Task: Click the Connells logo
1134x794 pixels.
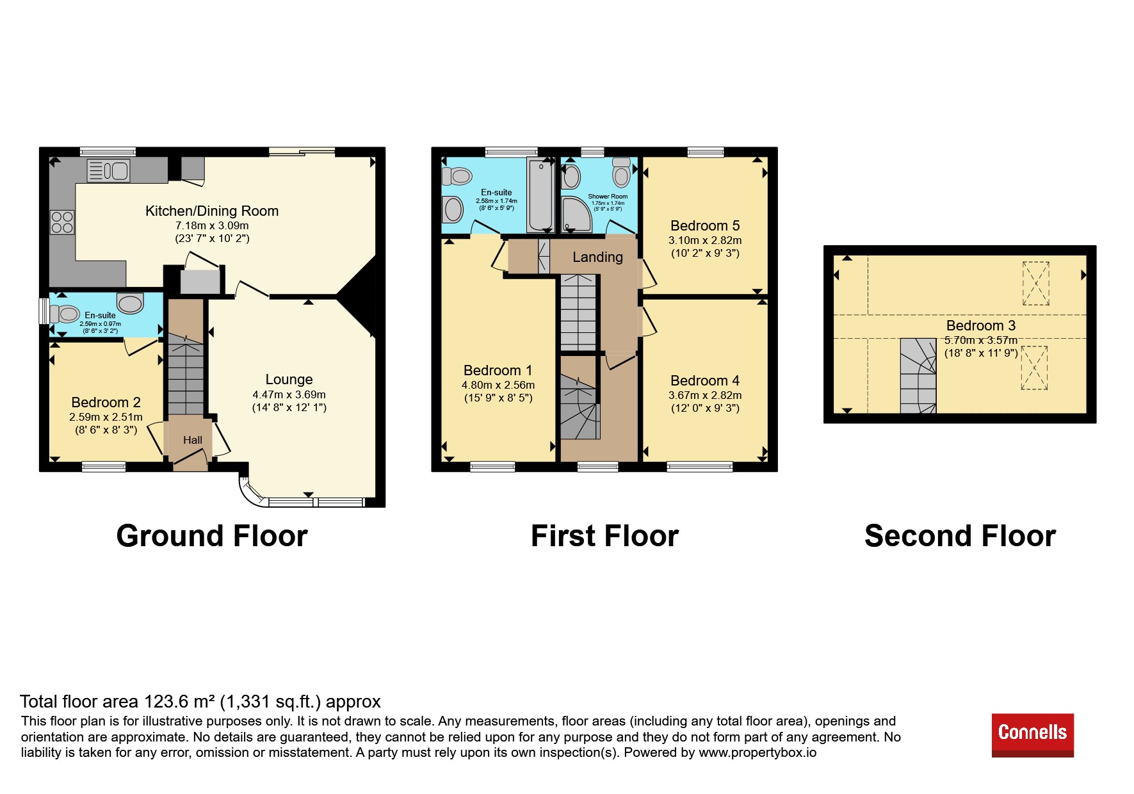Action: pos(1032,734)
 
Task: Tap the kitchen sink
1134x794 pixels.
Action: pos(108,171)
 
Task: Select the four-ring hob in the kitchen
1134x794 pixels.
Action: pos(62,222)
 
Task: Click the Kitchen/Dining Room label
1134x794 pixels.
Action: pos(212,211)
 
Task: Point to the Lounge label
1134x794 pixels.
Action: pos(289,379)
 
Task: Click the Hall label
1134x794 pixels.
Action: pos(193,440)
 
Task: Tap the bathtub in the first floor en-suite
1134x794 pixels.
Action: pos(541,194)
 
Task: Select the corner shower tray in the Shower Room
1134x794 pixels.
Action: pos(577,215)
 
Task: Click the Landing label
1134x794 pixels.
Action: pos(597,257)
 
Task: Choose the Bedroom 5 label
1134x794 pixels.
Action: pos(705,225)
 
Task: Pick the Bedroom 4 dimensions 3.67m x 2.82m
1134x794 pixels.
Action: pos(705,395)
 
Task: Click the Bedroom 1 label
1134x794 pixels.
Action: pos(498,370)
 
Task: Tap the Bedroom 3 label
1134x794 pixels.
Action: pos(981,325)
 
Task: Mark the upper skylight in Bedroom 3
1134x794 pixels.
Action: pos(1035,283)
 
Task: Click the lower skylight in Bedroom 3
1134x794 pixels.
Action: pos(1034,368)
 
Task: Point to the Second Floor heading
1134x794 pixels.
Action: pos(960,536)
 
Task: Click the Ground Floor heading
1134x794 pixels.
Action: pos(212,536)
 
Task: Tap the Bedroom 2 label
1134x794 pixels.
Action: pos(106,402)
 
